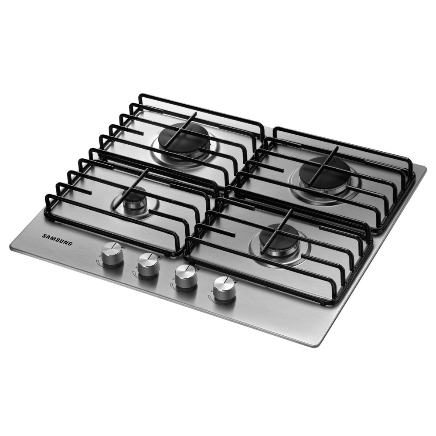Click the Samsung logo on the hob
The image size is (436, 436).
(57, 240)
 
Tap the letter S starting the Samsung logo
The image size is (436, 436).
(44, 236)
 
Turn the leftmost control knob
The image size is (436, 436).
(112, 255)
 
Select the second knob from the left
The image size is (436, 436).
(149, 265)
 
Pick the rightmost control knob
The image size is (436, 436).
(224, 288)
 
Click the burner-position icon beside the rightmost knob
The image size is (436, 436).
(236, 280)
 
